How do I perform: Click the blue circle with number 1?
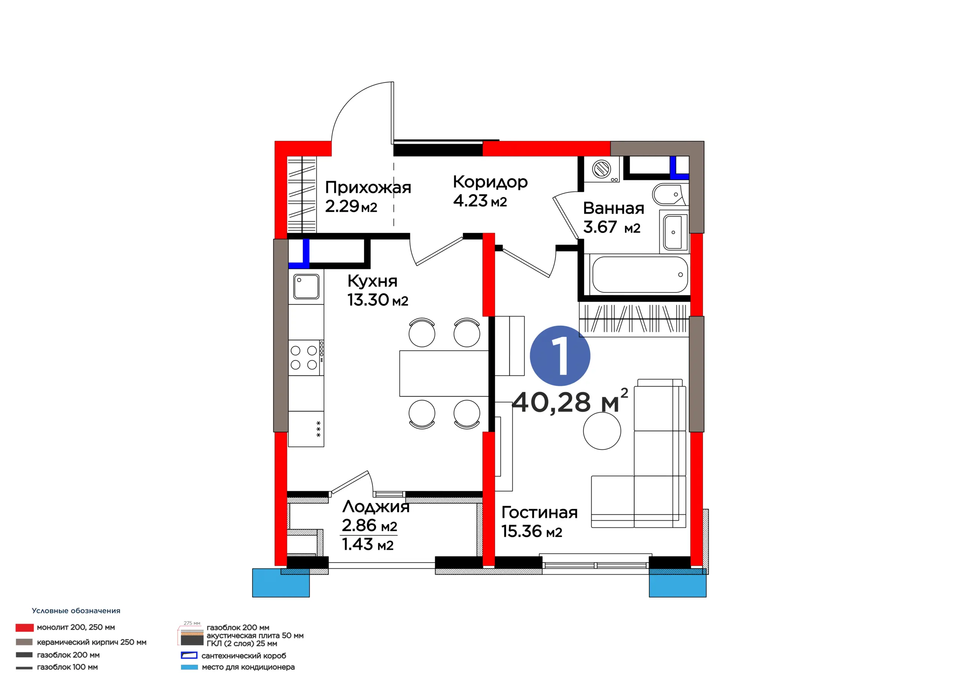pyautogui.click(x=560, y=356)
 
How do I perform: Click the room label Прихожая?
pyautogui.click(x=368, y=188)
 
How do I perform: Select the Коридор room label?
pyautogui.click(x=490, y=182)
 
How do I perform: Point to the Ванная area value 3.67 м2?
pyautogui.click(x=612, y=227)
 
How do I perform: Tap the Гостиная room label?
pyautogui.click(x=539, y=512)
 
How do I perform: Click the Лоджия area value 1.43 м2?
pyautogui.click(x=368, y=544)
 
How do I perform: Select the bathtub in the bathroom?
pyautogui.click(x=640, y=275)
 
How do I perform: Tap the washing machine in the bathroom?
pyautogui.click(x=602, y=170)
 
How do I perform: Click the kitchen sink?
pyautogui.click(x=306, y=287)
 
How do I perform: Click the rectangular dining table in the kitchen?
pyautogui.click(x=444, y=373)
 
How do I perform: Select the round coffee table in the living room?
pyautogui.click(x=602, y=431)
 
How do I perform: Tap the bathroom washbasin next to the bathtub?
pyautogui.click(x=673, y=232)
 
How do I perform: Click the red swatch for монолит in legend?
pyautogui.click(x=25, y=628)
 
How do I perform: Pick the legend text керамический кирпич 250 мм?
pyautogui.click(x=92, y=642)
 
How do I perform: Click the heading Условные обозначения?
pyautogui.click(x=76, y=611)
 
